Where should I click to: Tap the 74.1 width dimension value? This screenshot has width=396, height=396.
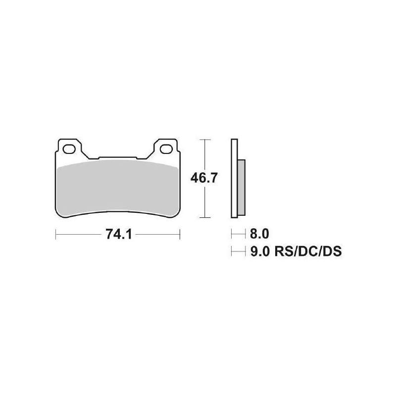point(117,234)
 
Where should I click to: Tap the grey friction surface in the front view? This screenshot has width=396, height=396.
point(117,188)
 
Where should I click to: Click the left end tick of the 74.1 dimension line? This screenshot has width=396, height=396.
point(55,234)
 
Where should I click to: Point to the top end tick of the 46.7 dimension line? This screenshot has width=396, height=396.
point(205,140)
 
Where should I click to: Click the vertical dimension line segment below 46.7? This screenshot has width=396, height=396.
point(205,203)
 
